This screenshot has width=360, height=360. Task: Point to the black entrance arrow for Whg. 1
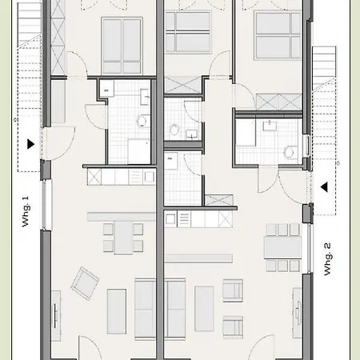[x=30, y=145]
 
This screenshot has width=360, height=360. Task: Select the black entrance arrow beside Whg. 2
[x=325, y=188]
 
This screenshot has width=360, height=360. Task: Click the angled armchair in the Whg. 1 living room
[x=86, y=281]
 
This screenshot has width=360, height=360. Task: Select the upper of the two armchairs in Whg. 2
[x=233, y=290]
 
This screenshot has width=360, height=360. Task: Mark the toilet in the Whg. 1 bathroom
[x=141, y=122]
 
